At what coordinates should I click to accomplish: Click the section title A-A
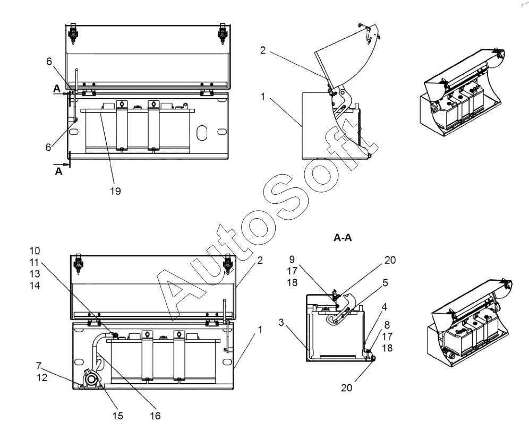pyautogui.click(x=345, y=239)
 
